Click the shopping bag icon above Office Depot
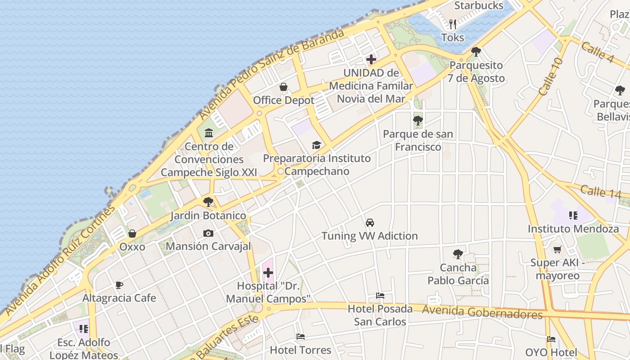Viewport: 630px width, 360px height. tap(283, 86)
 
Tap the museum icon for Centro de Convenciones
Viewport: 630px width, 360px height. tap(209, 133)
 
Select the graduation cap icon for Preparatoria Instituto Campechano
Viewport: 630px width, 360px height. tap(317, 145)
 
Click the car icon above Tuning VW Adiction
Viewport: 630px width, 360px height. tap(369, 222)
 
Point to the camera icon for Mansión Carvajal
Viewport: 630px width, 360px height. tap(208, 233)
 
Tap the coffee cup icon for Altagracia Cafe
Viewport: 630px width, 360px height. tap(119, 285)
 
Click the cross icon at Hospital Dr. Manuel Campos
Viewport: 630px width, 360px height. tap(268, 273)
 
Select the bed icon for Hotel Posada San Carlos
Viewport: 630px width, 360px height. tap(380, 296)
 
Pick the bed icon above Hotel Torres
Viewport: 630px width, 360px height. tap(301, 337)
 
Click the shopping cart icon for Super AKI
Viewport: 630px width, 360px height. tap(558, 249)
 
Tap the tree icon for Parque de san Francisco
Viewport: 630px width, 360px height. tap(418, 121)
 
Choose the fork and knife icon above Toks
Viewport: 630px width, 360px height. tap(453, 24)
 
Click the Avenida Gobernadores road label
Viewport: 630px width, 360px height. tap(482, 311)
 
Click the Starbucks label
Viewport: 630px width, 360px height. tap(479, 5)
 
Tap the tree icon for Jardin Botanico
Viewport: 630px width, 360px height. tap(208, 202)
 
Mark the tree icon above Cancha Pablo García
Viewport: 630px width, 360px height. tap(458, 254)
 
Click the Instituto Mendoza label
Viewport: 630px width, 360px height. tap(573, 229)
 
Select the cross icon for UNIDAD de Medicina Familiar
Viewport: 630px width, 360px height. tap(371, 59)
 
